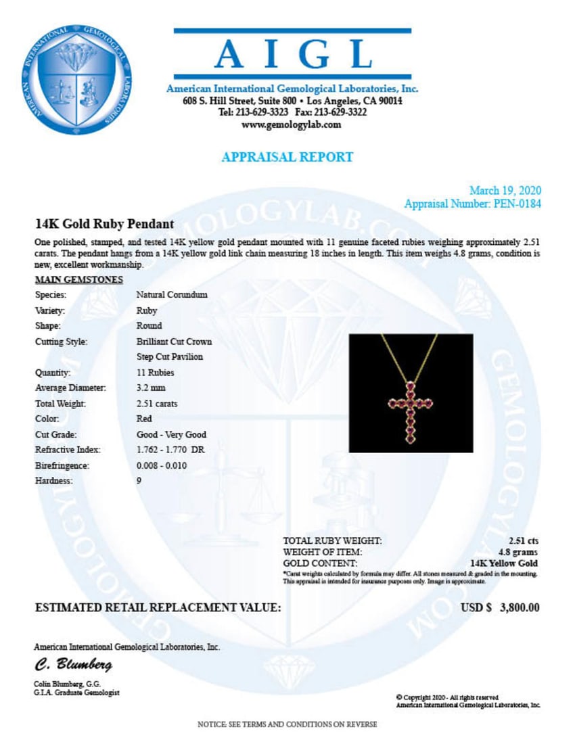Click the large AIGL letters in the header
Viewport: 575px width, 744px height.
pos(292,54)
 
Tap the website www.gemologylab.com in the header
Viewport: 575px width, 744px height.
pos(292,124)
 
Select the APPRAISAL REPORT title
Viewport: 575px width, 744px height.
pos(287,157)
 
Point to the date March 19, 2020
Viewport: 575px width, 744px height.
pos(505,191)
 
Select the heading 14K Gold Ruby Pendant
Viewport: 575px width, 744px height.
pos(104,224)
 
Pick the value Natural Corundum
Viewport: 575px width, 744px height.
pos(172,295)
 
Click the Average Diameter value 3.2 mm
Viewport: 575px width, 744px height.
pos(150,388)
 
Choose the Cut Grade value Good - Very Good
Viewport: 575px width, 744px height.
pos(171,435)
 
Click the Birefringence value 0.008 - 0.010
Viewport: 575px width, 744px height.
pos(161,466)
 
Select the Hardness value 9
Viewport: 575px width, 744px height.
pos(139,482)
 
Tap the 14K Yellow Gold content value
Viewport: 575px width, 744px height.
pos(504,563)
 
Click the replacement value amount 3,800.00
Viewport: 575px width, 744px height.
pos(519,607)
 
